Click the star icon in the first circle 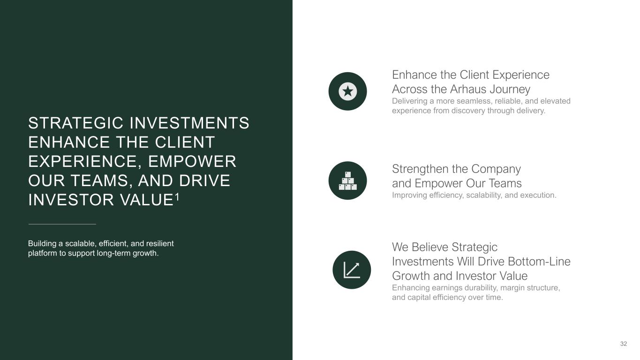tap(348, 91)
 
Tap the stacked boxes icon tap(348, 181)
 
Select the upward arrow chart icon tap(352, 270)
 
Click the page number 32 tap(624, 344)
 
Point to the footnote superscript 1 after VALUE tap(177, 197)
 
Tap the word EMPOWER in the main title tap(192, 161)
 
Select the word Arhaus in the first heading tap(468, 89)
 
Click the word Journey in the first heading tap(510, 90)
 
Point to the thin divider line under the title tap(62, 224)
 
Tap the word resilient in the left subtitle tap(160, 243)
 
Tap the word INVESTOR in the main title tap(71, 200)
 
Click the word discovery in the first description tap(468, 111)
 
